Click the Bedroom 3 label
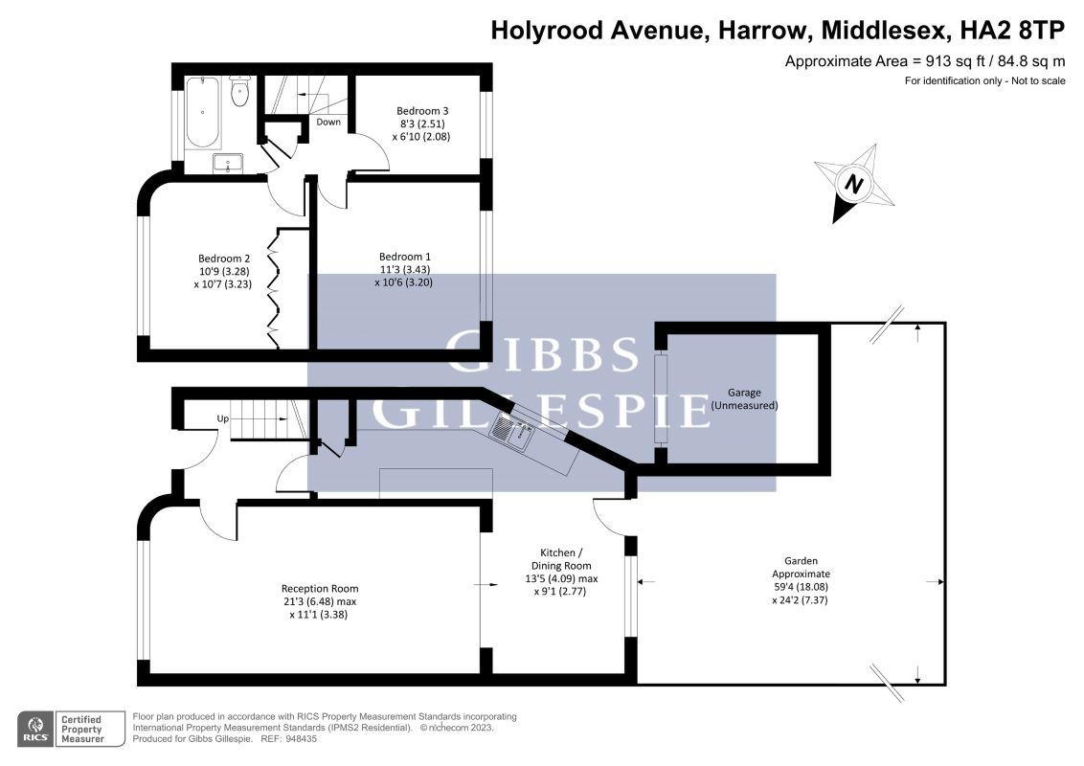click(422, 111)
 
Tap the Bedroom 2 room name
click(224, 259)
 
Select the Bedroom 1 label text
click(404, 257)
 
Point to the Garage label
click(744, 393)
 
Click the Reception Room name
click(320, 589)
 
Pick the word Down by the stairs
click(328, 123)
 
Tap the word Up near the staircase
click(222, 419)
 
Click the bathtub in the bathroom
click(203, 112)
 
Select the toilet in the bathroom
click(240, 91)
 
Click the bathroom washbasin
click(228, 164)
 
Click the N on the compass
click(854, 185)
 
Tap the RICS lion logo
click(35, 726)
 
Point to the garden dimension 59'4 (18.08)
click(800, 587)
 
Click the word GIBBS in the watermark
click(542, 352)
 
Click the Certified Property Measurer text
click(81, 730)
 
